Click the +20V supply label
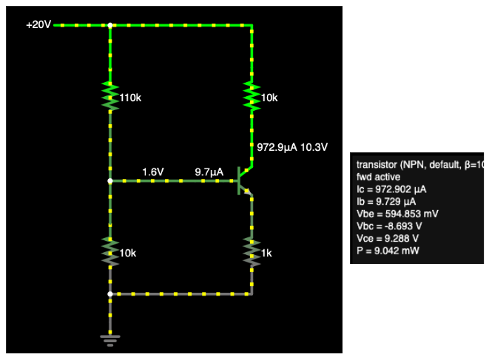(38, 24)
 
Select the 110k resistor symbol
(110, 96)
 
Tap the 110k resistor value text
(130, 97)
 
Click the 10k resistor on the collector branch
(252, 96)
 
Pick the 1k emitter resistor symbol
(252, 252)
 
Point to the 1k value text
(266, 253)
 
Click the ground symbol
(110, 340)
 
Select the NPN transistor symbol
(243, 180)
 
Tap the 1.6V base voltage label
(152, 172)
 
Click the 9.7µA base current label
(209, 172)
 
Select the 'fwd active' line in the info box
(378, 177)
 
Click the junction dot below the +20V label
(110, 25)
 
